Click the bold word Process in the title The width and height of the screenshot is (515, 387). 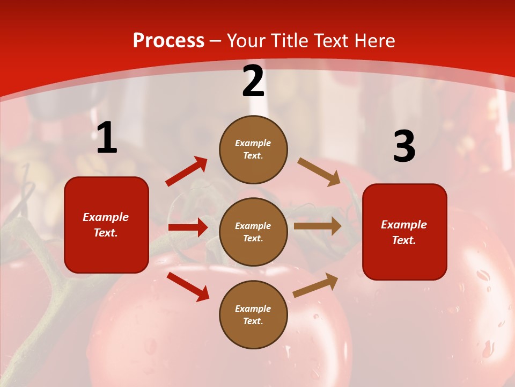click(x=168, y=41)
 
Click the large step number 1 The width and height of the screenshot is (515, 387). click(x=107, y=138)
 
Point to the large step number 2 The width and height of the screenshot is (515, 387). click(x=253, y=82)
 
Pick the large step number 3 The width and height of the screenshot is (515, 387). click(x=404, y=147)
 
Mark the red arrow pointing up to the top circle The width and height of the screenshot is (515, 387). click(x=187, y=171)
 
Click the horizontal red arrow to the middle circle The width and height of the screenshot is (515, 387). click(x=188, y=227)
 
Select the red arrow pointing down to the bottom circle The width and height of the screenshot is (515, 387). click(x=188, y=286)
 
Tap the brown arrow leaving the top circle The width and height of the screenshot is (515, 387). click(x=319, y=172)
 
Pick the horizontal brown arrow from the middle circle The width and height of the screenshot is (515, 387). click(x=318, y=226)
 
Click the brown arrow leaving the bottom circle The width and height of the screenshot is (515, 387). click(x=316, y=285)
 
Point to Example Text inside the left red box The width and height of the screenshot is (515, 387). click(x=106, y=225)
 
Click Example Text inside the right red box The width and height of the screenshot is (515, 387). click(x=404, y=232)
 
